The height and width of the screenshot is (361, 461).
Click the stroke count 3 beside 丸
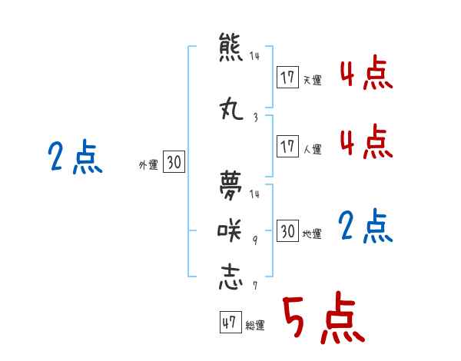tap(255, 118)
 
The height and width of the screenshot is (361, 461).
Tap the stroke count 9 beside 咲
tap(255, 239)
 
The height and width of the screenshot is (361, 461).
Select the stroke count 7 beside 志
tap(255, 286)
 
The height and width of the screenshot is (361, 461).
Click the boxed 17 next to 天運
tap(287, 78)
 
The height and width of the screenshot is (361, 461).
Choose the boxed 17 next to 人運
tap(287, 147)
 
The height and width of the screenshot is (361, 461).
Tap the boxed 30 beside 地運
tap(287, 231)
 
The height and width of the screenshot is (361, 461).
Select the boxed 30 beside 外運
tap(174, 162)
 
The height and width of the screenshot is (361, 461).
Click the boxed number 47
tap(229, 323)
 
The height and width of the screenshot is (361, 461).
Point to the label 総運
tap(255, 326)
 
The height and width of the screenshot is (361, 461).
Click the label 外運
tap(148, 164)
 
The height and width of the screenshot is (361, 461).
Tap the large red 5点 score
tap(322, 318)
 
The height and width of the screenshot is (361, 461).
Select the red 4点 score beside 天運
tap(365, 75)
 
